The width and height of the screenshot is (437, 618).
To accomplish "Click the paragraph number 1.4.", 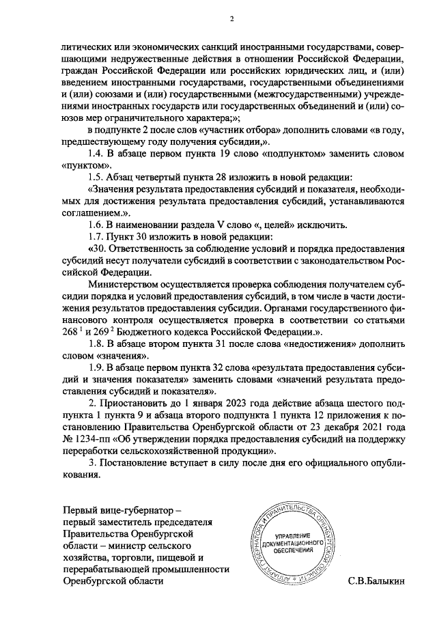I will click(97, 152).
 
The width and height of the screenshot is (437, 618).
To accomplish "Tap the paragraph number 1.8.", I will click(97, 343).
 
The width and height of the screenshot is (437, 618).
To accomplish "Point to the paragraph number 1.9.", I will click(97, 368).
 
